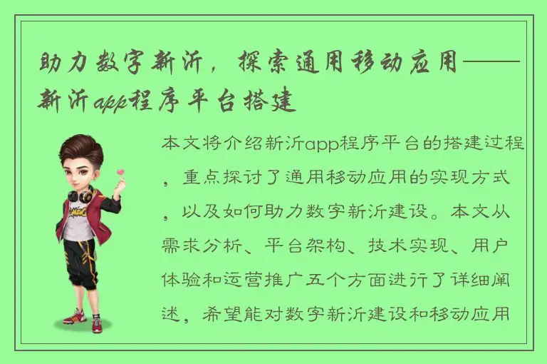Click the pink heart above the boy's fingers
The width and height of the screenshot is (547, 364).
click(x=120, y=172)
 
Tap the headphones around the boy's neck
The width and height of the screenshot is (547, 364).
click(x=80, y=193)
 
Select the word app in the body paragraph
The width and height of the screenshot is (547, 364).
click(x=327, y=145)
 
